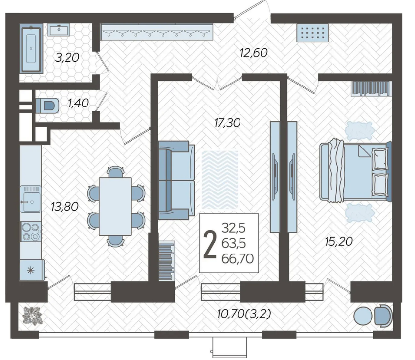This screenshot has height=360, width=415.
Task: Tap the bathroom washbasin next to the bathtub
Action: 59,29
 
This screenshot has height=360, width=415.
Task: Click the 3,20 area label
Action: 67,58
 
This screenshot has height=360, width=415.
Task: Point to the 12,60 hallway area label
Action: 254,53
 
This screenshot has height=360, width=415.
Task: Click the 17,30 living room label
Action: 227,123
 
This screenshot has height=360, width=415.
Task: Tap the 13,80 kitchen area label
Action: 65,206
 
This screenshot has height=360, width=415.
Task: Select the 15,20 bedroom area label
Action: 339,241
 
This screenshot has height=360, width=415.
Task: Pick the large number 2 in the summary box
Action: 210,244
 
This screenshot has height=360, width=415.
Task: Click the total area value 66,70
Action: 238,258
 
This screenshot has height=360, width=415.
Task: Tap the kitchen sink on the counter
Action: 30,199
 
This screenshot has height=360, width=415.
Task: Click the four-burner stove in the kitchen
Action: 31,232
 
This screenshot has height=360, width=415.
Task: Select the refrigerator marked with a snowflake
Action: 32,270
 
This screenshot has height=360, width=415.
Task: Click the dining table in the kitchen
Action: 115,207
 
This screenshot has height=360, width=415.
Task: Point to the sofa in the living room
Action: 176,180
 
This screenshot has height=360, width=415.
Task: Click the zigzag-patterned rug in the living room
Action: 220,180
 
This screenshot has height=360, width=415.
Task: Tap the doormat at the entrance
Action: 312,33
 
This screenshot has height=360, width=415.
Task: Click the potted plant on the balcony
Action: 32,315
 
